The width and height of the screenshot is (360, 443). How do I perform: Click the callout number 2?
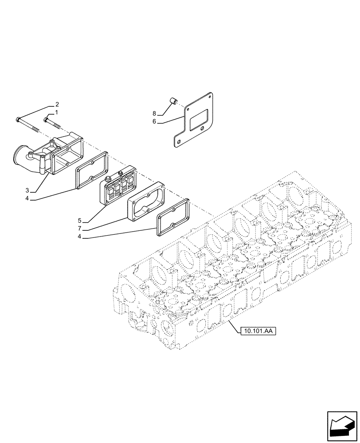click(57, 105)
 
